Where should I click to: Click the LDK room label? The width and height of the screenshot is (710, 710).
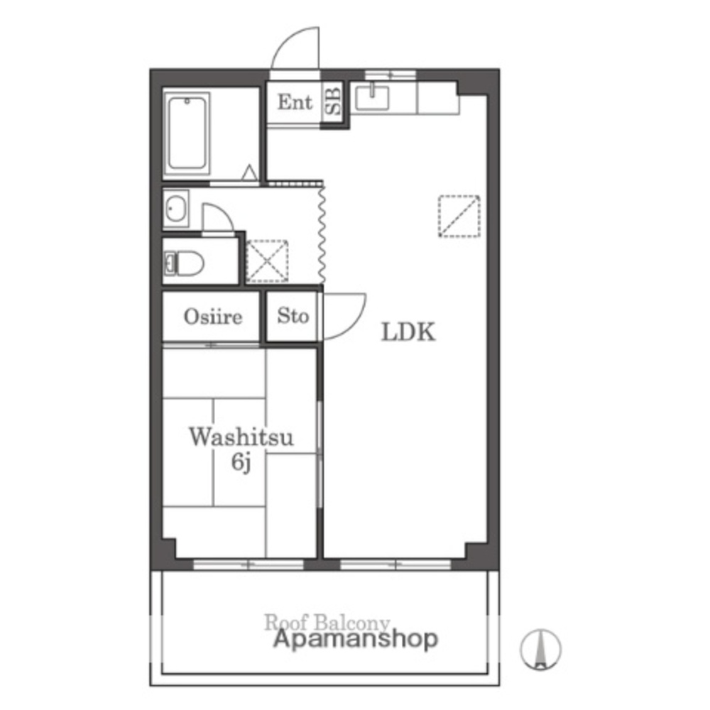click(408, 332)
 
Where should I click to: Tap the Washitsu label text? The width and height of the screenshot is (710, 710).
click(241, 437)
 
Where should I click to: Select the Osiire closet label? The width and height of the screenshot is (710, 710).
click(213, 317)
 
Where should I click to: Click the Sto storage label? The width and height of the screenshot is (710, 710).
click(293, 315)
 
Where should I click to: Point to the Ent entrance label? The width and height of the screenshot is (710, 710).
click(295, 102)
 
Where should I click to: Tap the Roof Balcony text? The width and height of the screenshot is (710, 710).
click(328, 623)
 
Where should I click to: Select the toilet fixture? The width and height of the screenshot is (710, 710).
click(185, 263)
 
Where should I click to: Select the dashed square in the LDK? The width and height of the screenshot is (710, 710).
click(459, 215)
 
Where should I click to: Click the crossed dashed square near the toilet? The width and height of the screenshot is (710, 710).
click(267, 261)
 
